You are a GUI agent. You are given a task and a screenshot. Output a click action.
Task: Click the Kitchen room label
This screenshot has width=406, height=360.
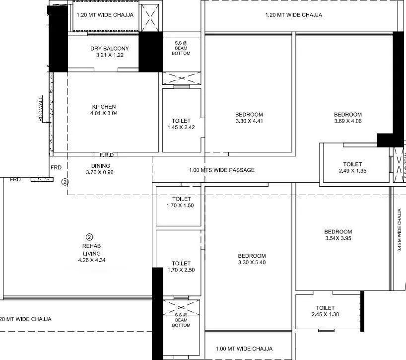click(104, 107)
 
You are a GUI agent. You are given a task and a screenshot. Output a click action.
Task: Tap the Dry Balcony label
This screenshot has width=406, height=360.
click(110, 49)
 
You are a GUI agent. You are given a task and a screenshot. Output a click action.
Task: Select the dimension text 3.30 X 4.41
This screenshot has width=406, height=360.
click(249, 121)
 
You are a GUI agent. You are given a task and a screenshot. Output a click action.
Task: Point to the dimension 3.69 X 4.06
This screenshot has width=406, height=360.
click(347, 121)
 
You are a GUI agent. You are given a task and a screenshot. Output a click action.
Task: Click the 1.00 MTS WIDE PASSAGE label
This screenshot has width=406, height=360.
click(222, 170)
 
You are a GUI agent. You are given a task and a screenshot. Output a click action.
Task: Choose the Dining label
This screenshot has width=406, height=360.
click(100, 166)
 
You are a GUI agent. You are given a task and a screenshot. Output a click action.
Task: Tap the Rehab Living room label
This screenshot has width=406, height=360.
click(89, 250)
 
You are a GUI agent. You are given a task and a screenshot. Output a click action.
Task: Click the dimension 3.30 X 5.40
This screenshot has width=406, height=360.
click(252, 263)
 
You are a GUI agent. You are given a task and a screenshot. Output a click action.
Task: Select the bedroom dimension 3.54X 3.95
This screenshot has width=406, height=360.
click(338, 238)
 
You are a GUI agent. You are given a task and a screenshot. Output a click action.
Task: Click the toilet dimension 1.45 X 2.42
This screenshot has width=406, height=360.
click(181, 128)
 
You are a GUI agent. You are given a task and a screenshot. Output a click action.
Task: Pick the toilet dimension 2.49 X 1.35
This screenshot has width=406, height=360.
click(352, 171)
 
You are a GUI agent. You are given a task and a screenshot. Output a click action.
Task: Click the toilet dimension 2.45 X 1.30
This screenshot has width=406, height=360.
click(325, 314)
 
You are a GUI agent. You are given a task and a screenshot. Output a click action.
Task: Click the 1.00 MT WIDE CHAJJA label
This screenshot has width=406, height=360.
click(244, 349)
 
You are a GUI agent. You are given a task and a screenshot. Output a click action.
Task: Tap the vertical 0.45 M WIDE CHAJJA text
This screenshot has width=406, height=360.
click(400, 230)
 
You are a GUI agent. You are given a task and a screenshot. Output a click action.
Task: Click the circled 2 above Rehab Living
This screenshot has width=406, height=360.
click(89, 237)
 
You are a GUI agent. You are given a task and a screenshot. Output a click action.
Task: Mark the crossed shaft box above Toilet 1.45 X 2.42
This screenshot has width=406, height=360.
click(181, 78)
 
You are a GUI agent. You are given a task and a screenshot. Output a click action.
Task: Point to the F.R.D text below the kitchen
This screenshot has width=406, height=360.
click(107, 155)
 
